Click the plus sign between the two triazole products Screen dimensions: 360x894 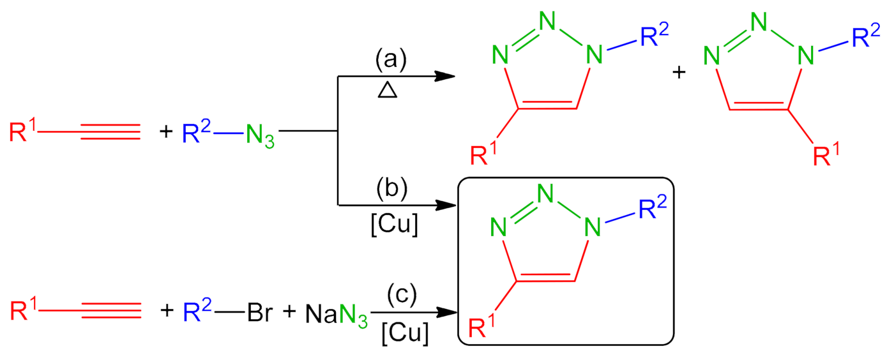tap(679, 73)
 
